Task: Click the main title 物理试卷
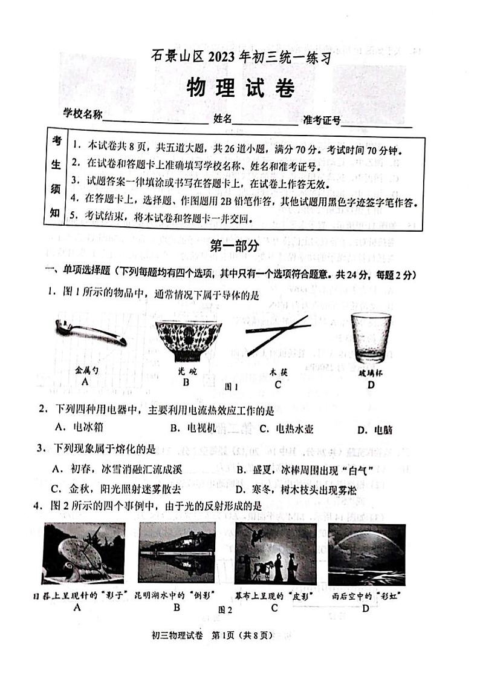(x=240, y=88)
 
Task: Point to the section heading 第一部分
(x=235, y=245)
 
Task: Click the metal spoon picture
(x=90, y=332)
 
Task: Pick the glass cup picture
(x=371, y=337)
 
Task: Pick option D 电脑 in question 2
(x=375, y=430)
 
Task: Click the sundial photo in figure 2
(x=83, y=554)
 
